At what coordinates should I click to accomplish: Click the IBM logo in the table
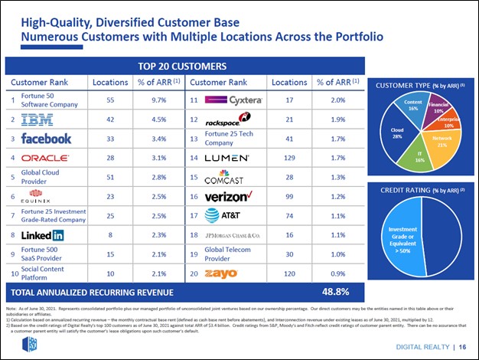coord(37,119)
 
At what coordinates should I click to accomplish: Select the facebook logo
coord(47,139)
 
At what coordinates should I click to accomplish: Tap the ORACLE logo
coord(47,158)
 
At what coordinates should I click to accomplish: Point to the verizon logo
coord(230,197)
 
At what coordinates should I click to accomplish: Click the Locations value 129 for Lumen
coord(289,158)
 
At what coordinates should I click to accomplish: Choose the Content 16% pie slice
coord(412,109)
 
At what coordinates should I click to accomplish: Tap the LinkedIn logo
coord(43,235)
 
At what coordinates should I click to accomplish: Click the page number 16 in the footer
coord(464,346)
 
